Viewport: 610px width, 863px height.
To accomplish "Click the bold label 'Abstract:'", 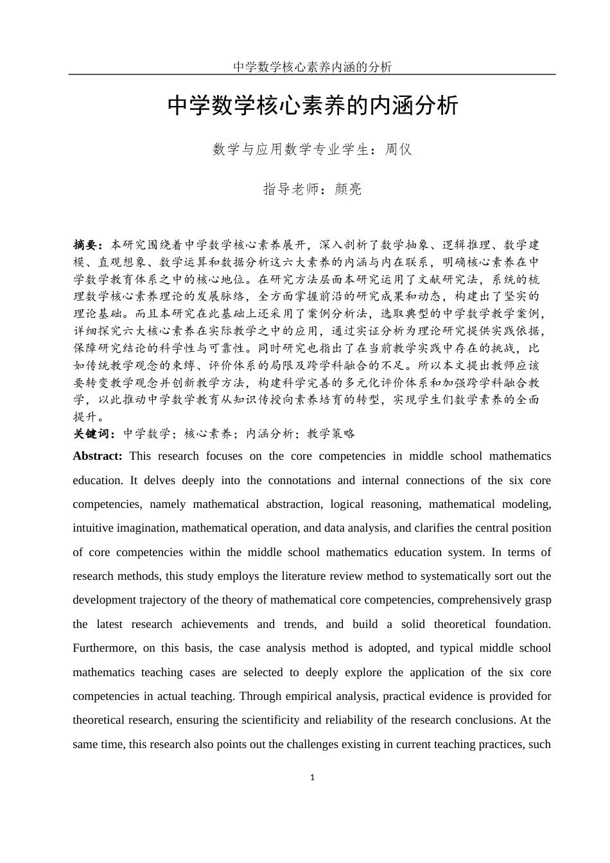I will (98, 456).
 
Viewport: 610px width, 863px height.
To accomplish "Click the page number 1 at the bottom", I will (313, 778).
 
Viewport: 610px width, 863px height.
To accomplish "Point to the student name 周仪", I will (398, 150).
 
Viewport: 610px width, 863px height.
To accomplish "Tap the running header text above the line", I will (312, 67).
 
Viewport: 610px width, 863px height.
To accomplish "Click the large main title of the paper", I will (313, 106).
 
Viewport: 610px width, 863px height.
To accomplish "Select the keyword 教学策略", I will (331, 433).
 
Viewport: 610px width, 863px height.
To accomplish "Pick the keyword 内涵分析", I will (269, 433).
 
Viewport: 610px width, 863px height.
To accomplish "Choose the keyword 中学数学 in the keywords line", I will (146, 433).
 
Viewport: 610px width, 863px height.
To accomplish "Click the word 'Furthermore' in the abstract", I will (104, 648).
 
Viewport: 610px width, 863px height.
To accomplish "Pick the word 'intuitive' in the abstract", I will (93, 528).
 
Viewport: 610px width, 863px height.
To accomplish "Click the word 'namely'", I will (168, 504).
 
